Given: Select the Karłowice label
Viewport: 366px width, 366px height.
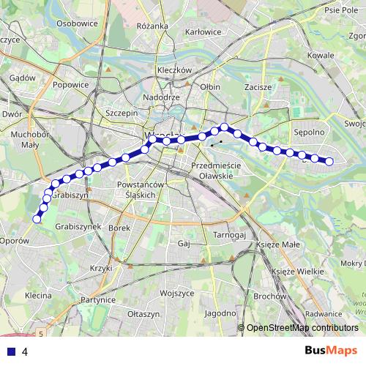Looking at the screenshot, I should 203,32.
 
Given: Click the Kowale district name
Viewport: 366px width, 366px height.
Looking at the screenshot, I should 320,55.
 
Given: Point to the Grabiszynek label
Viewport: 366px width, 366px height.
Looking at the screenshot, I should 77,226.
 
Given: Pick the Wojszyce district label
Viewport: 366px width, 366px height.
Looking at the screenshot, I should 176,292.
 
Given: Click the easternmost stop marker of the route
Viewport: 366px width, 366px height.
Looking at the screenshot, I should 329,161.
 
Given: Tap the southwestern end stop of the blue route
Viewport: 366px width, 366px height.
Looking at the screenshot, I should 37,217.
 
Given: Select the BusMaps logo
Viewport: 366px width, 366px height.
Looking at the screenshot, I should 334,351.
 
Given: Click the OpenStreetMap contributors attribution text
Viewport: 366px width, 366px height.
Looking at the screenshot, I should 302,328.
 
